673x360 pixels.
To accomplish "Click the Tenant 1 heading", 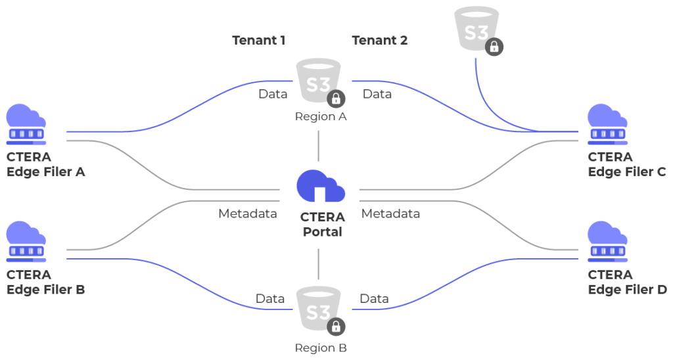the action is click(259, 40).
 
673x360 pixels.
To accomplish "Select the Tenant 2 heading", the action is click(380, 40).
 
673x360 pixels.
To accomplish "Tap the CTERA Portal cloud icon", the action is click(321, 186).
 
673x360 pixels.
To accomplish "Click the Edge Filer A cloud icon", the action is click(26, 124).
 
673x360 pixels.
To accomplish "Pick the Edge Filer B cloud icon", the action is click(26, 242).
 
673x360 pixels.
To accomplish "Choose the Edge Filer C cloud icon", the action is click(607, 124).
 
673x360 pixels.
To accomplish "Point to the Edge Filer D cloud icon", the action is click(607, 242).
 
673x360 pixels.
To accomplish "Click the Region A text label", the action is click(321, 117).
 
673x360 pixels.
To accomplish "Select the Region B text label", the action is click(321, 348).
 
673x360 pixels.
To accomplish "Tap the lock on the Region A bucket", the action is click(336, 99).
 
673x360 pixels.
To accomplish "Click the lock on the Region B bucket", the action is click(336, 326).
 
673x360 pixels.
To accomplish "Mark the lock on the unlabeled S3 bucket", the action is click(494, 47).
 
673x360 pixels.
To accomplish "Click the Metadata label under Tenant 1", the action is click(248, 214).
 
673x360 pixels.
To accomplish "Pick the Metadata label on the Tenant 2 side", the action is click(390, 214).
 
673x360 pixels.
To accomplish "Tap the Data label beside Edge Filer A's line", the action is click(273, 94).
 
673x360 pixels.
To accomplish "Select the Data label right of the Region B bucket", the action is click(374, 299).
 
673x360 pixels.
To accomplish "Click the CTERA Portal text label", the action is click(322, 225).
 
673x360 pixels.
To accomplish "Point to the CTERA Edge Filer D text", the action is click(627, 282).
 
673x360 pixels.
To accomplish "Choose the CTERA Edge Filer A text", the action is click(45, 164).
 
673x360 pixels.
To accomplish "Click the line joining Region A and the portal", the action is click(319, 146).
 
